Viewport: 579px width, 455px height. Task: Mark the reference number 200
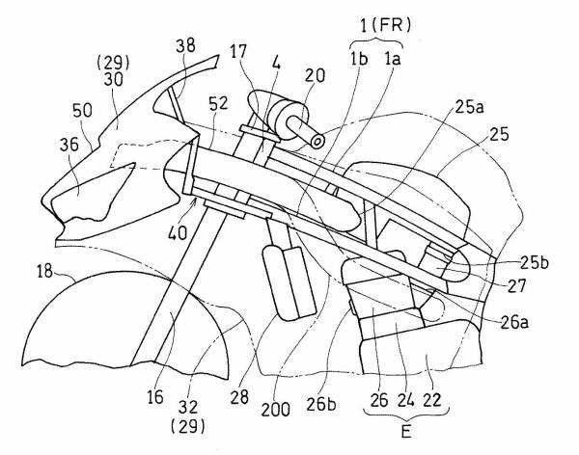275,409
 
